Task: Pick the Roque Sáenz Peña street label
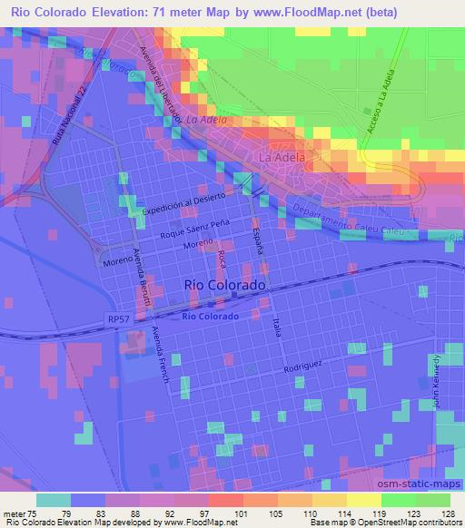coord(193,228)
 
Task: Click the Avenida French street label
coord(162,355)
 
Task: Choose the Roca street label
coord(222,262)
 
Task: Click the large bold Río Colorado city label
coord(225,284)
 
